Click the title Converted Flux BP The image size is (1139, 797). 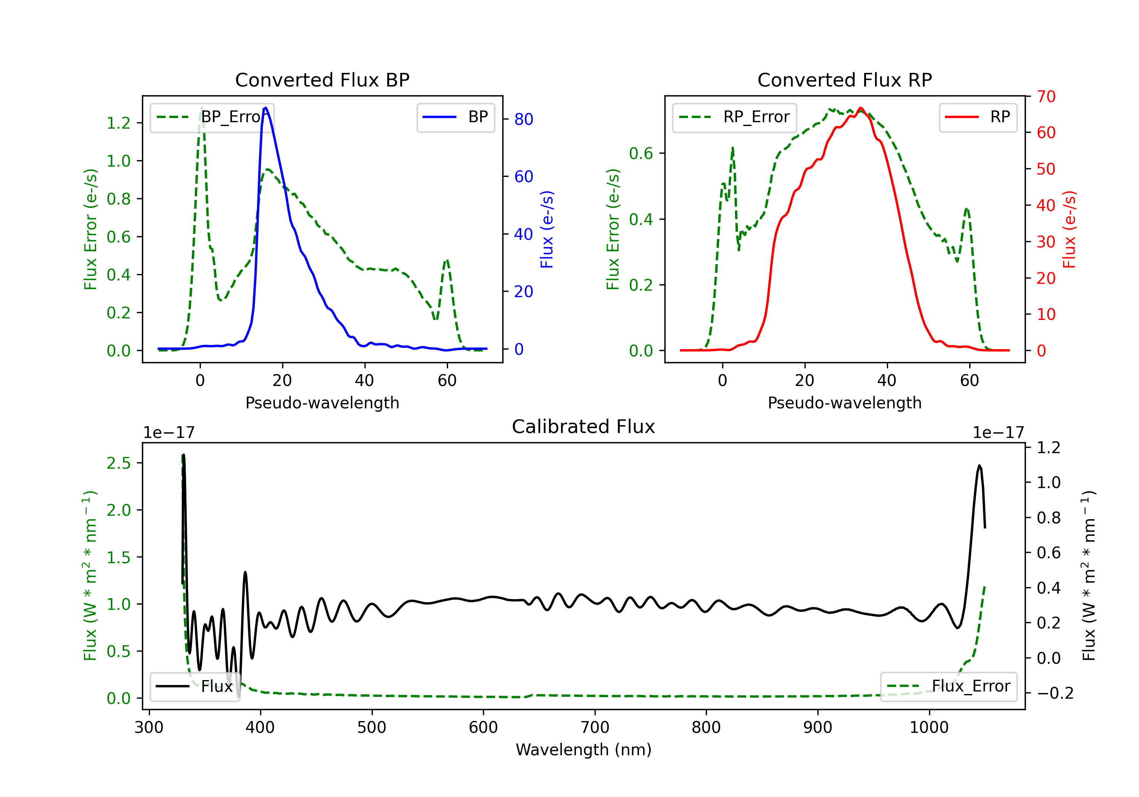click(x=322, y=80)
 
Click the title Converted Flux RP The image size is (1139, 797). click(x=844, y=80)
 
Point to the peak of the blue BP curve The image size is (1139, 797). click(x=266, y=108)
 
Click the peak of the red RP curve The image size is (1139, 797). click(x=861, y=108)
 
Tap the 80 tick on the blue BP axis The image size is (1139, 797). click(x=523, y=119)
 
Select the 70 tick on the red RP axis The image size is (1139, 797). click(x=1046, y=96)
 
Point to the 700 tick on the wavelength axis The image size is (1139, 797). click(x=595, y=728)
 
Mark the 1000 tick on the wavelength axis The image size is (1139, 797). click(x=929, y=728)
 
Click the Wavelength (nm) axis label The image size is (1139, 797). click(x=584, y=750)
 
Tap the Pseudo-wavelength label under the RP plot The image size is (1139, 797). click(x=844, y=403)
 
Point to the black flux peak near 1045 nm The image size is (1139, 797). click(x=979, y=466)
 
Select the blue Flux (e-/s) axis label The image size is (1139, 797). click(x=547, y=229)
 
